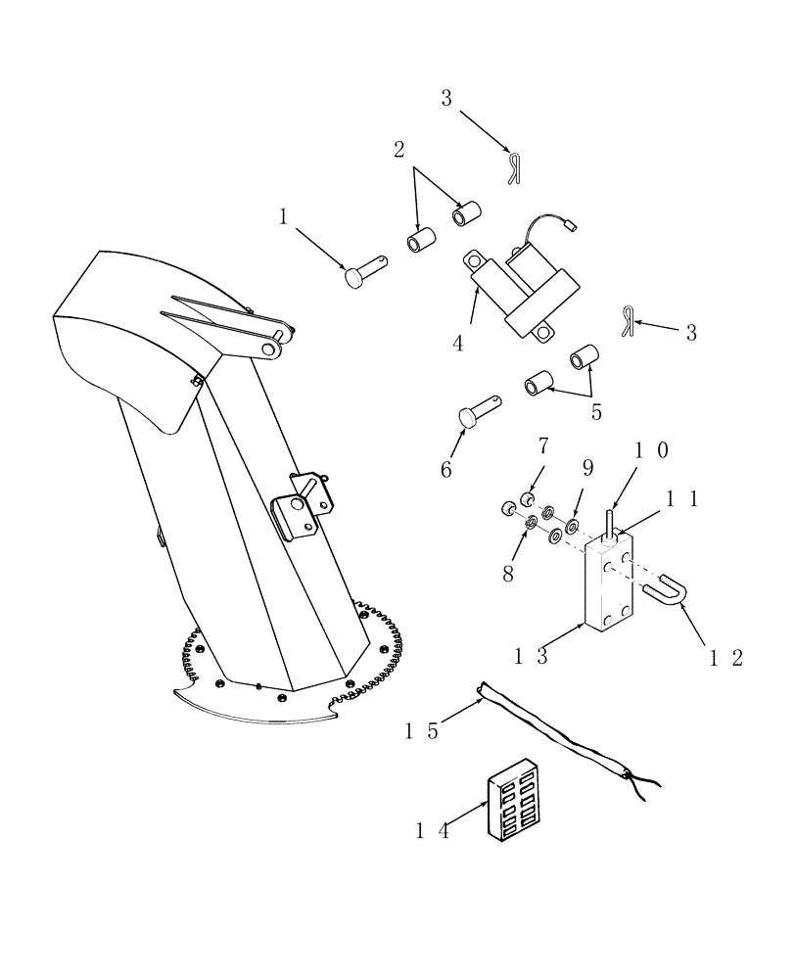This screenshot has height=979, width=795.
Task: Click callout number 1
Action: (283, 217)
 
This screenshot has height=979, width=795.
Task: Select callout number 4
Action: (457, 343)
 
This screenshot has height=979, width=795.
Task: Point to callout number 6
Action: (445, 469)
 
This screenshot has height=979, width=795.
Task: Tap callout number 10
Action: (650, 450)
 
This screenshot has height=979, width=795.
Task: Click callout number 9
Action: (587, 467)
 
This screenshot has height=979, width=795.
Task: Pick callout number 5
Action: (596, 411)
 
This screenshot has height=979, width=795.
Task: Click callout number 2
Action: (398, 150)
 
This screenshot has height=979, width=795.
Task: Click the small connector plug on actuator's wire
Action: (572, 226)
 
